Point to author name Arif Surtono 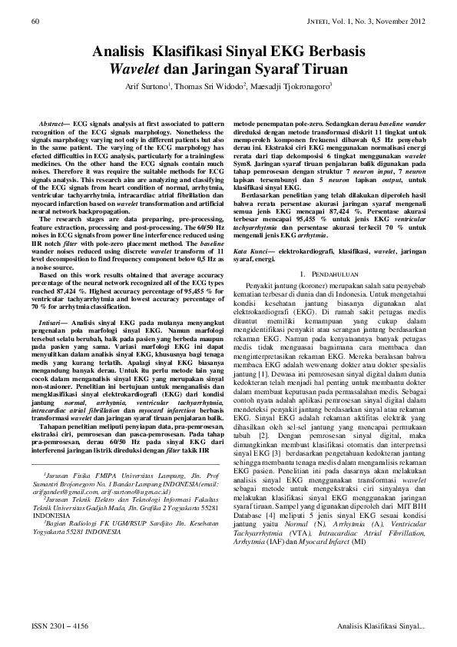[x=149, y=87]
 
